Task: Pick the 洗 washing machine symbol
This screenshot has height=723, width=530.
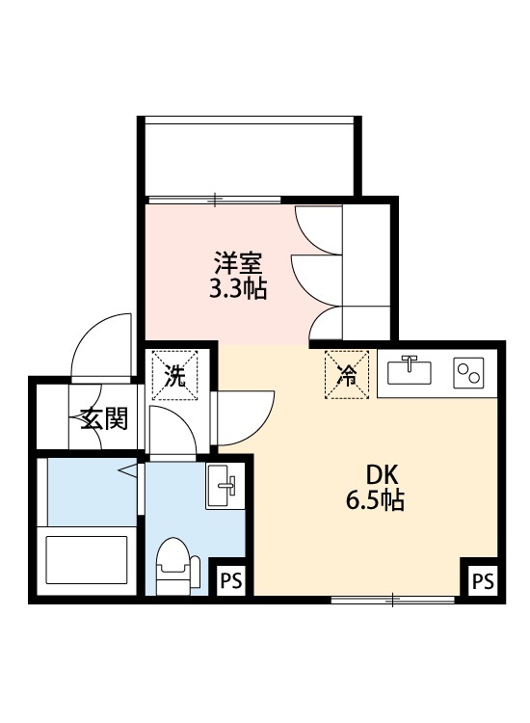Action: tap(174, 374)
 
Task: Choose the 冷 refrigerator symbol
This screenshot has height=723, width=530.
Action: tap(346, 374)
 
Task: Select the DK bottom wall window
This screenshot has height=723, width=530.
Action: tap(392, 600)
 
